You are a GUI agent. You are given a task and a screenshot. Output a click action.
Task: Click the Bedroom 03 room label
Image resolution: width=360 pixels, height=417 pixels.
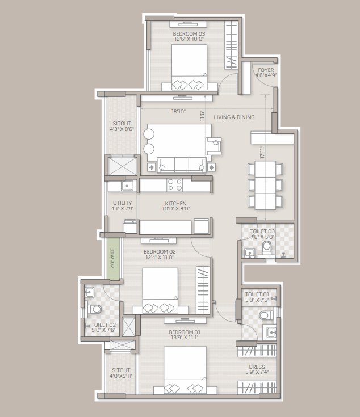[x=189, y=36]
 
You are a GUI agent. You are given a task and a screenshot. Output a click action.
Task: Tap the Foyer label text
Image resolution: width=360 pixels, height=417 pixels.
[x=266, y=70]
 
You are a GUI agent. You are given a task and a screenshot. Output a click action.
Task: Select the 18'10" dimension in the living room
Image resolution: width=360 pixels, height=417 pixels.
[x=178, y=112]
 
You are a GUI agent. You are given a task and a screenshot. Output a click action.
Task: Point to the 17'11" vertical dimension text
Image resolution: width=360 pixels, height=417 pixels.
[x=262, y=153]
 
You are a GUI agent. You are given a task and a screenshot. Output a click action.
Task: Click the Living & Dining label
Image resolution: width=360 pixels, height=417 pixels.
[x=234, y=117]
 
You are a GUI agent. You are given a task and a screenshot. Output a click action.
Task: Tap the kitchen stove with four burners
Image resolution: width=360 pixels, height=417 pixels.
[x=175, y=185]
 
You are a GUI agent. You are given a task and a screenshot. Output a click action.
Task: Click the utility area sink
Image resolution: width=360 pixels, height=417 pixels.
[x=127, y=186]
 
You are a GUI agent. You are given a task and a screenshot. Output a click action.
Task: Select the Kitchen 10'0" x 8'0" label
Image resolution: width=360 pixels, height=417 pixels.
[x=175, y=206]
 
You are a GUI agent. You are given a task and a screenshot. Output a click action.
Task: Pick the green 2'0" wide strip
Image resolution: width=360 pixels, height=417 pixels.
[x=112, y=258]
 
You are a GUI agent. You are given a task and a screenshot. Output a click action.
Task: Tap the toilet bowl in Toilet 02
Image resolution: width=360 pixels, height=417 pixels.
[x=94, y=309]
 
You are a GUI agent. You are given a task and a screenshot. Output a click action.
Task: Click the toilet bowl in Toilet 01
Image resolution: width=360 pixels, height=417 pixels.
[x=266, y=315]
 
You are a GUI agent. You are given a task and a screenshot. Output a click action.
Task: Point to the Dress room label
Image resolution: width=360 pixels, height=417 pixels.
[x=257, y=369]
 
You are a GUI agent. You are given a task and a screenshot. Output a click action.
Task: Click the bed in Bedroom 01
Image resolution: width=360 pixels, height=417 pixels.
[x=185, y=370]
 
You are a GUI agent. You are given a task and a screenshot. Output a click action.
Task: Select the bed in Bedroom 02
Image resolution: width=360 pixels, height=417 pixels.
[x=160, y=290]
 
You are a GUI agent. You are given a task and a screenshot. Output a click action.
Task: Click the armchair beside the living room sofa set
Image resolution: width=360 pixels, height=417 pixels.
[x=214, y=146]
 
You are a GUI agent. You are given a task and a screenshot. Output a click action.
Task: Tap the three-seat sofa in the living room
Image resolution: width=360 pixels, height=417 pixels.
[x=182, y=165]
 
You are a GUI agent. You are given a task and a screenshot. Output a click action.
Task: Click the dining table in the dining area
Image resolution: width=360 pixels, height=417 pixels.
[x=265, y=185]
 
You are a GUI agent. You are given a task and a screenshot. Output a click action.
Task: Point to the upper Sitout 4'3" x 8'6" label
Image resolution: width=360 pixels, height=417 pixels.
[x=122, y=127]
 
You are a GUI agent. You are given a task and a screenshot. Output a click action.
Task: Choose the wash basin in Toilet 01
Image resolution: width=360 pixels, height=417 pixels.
[x=270, y=332]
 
